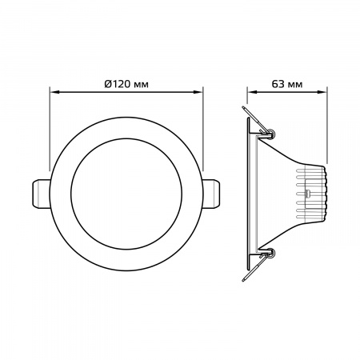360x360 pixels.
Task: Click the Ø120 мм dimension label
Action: click(x=126, y=84)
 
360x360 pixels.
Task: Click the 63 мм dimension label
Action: click(x=287, y=84)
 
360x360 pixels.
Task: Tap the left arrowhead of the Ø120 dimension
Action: click(x=54, y=92)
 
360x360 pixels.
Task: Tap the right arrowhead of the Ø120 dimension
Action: click(x=198, y=92)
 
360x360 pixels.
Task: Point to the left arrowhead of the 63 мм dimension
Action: click(x=252, y=92)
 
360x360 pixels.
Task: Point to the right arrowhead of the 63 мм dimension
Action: click(x=322, y=92)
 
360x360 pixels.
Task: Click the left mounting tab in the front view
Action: click(x=41, y=194)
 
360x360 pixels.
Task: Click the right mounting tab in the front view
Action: click(x=212, y=194)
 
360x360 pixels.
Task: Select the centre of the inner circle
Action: click(x=126, y=194)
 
